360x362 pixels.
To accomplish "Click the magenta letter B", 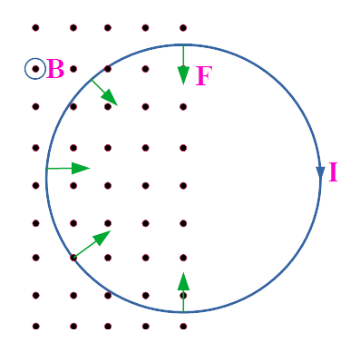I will click(55, 69).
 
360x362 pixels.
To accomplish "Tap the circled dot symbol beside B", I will click(34, 68).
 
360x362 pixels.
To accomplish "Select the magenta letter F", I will click(202, 76).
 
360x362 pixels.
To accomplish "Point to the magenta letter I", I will click(333, 172).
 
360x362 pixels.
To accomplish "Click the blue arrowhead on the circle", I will click(320, 172).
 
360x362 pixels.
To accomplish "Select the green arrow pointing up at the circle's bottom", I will click(183, 291).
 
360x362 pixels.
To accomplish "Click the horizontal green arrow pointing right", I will click(68, 168).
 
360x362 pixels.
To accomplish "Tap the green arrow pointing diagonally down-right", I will click(103, 92).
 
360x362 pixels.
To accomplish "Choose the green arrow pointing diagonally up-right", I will click(92, 243).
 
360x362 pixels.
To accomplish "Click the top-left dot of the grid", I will click(35, 27).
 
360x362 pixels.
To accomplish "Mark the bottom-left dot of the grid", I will click(35, 326).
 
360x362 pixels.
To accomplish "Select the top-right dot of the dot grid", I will click(183, 27).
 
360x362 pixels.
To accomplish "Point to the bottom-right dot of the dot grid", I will click(183, 326).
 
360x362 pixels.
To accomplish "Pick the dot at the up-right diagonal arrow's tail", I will click(73, 258).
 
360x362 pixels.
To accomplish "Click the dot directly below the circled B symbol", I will click(35, 106).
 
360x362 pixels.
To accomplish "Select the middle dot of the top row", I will click(108, 27).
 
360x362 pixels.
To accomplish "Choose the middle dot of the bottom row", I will click(108, 326).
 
